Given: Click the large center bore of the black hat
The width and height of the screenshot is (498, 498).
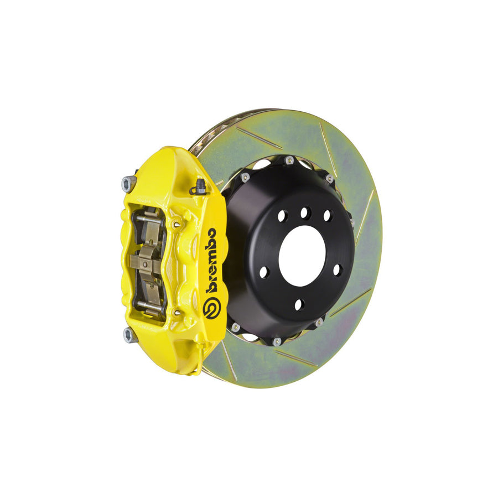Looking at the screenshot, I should coord(302,256).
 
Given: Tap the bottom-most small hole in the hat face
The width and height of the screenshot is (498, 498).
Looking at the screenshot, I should coord(299,304).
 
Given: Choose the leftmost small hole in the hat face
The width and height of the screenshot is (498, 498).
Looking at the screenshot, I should coord(264,273).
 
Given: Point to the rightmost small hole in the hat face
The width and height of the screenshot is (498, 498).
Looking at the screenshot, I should coord(337,269).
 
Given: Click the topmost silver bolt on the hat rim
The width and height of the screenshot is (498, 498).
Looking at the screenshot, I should coord(289,160).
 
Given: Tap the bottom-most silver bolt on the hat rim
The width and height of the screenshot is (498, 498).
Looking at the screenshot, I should coord(277,342).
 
